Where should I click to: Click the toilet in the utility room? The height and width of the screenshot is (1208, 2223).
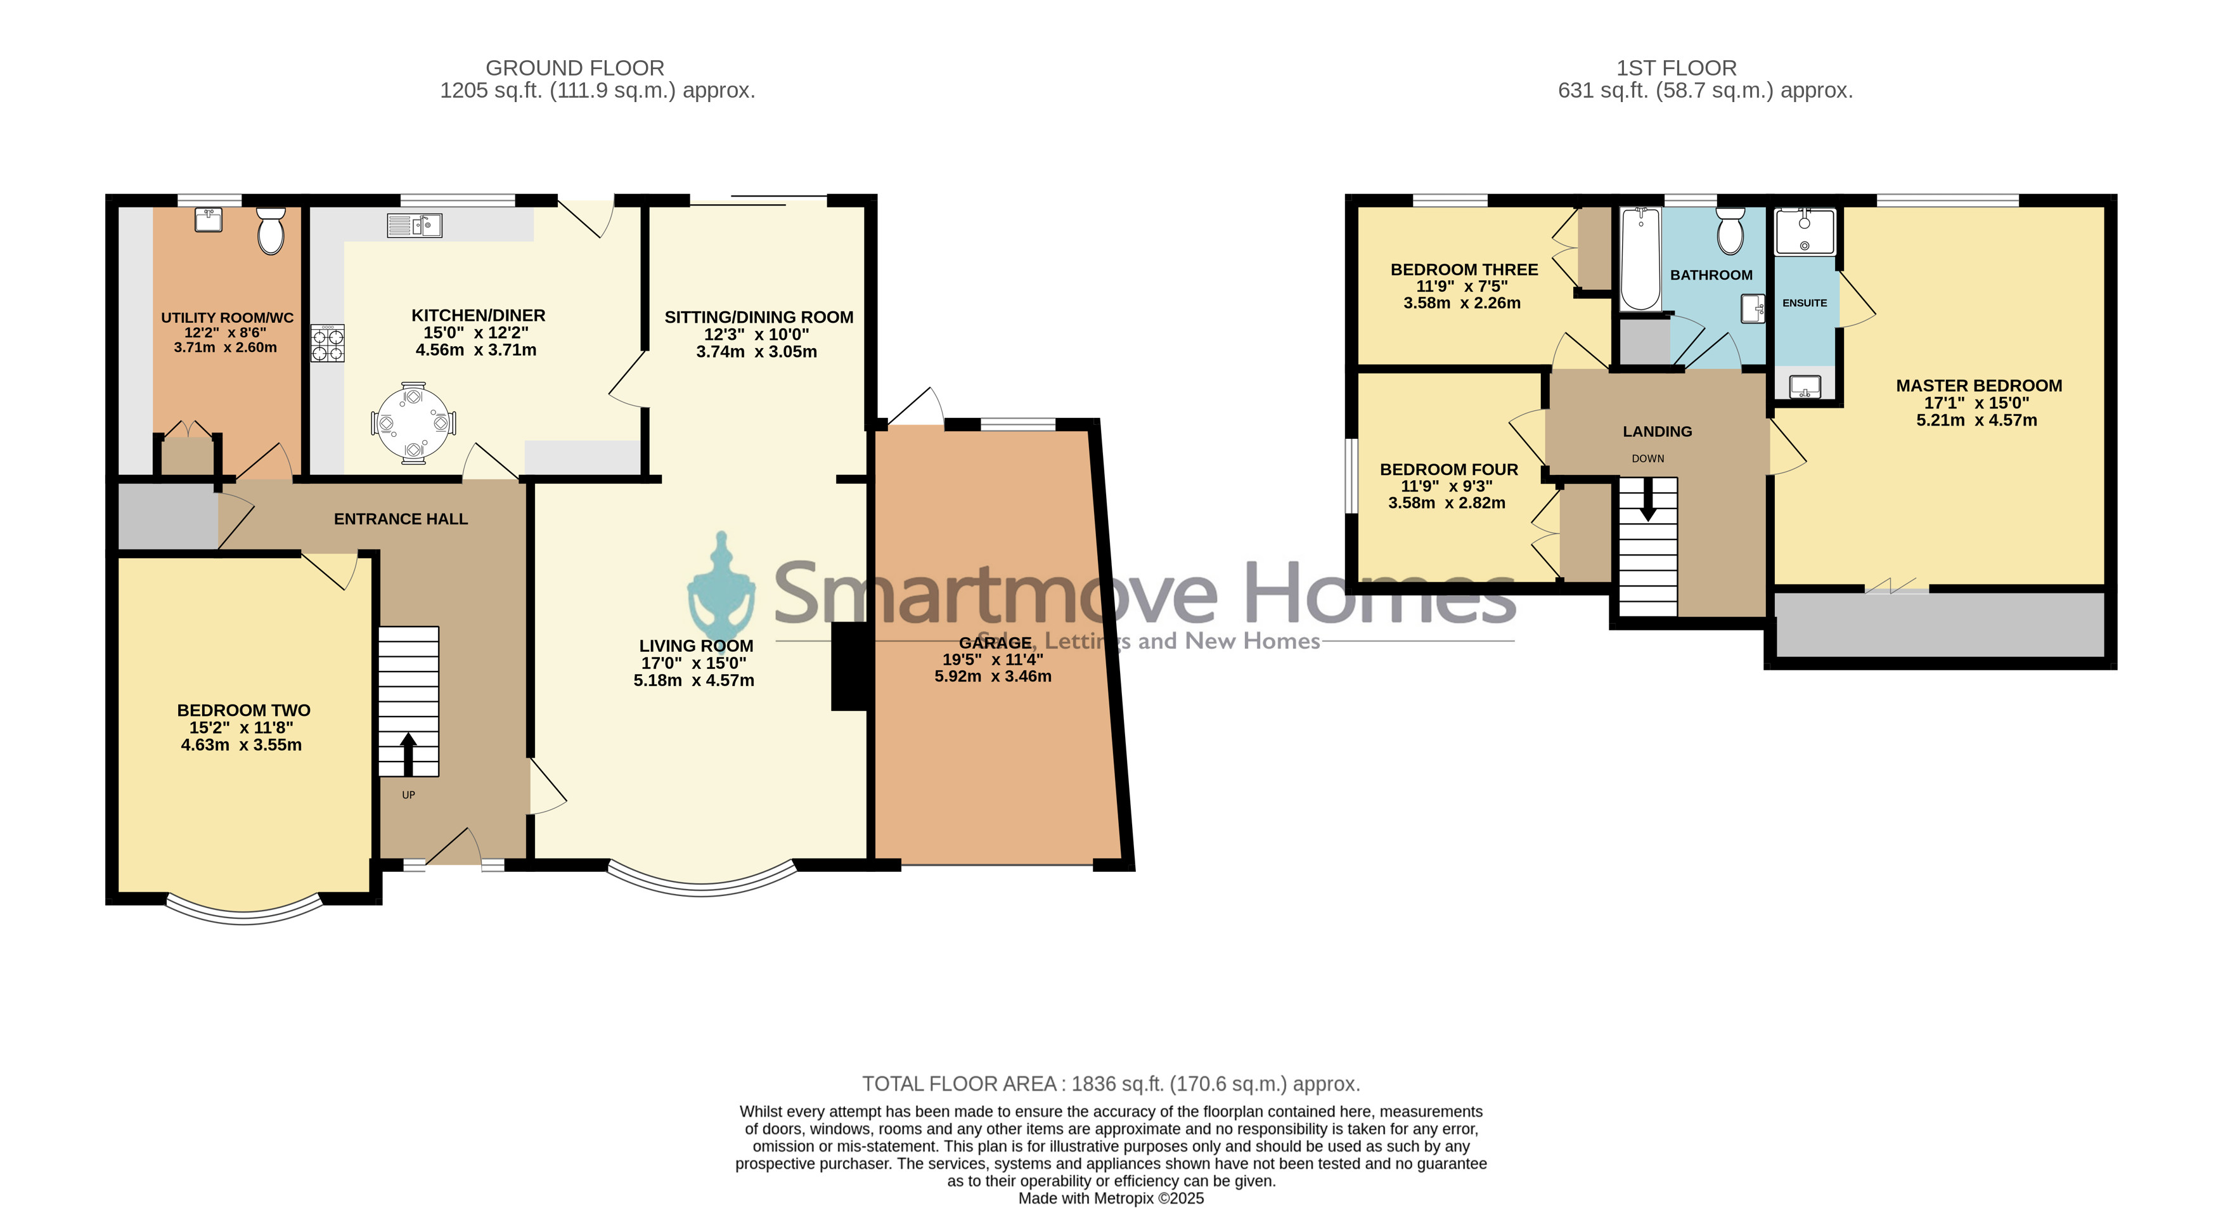click(271, 231)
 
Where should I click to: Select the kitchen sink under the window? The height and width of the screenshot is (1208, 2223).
click(415, 225)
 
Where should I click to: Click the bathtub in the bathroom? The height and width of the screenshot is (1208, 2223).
click(1640, 259)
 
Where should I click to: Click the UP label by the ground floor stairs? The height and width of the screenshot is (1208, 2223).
click(408, 795)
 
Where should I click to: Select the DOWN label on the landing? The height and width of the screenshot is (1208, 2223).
click(1648, 458)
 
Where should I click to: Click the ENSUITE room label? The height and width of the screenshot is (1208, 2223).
click(1805, 303)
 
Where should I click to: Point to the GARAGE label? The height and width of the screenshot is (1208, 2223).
click(995, 642)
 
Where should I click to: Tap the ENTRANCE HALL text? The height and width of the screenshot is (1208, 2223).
click(401, 519)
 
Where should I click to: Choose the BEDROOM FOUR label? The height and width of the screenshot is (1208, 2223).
click(1449, 470)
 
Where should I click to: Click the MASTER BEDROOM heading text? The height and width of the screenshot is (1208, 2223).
click(1979, 386)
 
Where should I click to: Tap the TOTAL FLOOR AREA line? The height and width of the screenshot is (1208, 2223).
click(1112, 1084)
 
